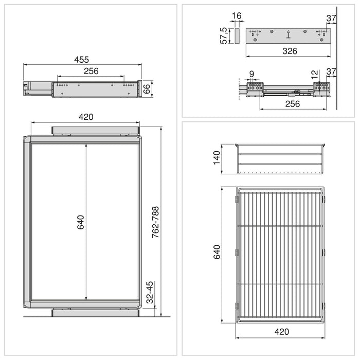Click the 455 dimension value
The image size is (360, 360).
point(82,59)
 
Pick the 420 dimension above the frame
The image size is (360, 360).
point(86,117)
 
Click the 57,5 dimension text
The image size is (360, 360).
point(224,35)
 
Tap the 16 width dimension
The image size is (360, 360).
point(237,16)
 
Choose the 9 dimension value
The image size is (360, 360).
point(251,74)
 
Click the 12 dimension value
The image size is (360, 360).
point(315,74)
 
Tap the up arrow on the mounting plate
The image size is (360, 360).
point(289,35)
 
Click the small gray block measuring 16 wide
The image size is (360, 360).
point(237,35)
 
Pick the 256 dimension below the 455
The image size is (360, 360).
point(91,71)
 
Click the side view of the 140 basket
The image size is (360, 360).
point(281,159)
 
